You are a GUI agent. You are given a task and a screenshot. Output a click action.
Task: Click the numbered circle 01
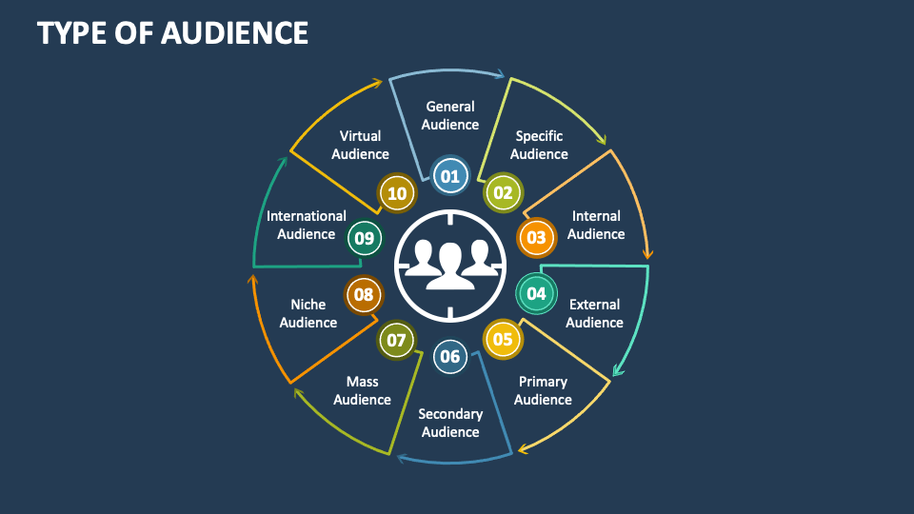coord(450,175)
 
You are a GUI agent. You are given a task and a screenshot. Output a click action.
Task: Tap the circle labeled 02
coord(503,193)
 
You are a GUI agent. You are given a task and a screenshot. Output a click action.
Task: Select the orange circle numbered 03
coord(536,237)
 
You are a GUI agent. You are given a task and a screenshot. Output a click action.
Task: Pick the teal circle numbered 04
coord(536,293)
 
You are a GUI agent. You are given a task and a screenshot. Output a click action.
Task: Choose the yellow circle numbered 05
coord(503,339)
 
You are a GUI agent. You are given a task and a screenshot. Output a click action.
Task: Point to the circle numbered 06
coord(450,357)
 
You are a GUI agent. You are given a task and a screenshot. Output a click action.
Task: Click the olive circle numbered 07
coord(397,339)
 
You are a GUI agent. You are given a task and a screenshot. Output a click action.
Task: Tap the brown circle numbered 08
coord(364,294)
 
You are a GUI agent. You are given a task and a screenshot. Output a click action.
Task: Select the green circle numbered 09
coord(364,238)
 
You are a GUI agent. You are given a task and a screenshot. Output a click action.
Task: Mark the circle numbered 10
coord(397,193)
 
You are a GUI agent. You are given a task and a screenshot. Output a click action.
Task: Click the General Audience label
coord(450,115)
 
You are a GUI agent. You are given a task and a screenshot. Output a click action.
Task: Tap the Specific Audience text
coord(539,145)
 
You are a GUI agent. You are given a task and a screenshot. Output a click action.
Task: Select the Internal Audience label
coord(596,225)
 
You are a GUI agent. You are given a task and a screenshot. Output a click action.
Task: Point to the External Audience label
coord(594,313)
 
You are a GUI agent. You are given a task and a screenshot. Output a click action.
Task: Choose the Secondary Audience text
coord(450,423)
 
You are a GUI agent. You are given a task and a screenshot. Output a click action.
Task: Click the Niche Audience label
coord(308,313)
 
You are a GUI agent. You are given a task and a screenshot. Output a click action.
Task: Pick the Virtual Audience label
coord(360,145)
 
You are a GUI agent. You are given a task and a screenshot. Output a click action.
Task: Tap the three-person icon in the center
coord(450,265)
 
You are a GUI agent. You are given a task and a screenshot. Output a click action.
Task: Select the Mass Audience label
coord(362,390)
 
